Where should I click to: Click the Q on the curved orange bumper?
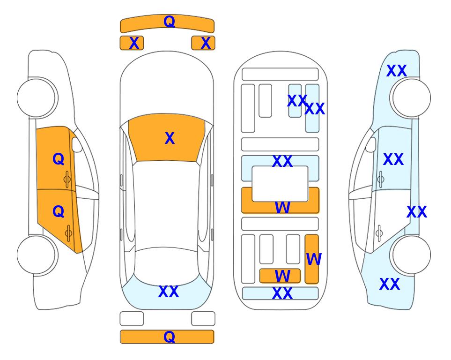169,22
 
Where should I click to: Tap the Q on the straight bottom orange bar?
169,337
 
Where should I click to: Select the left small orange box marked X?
132,43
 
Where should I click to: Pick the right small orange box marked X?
203,43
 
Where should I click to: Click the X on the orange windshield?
170,138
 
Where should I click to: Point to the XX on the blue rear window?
169,292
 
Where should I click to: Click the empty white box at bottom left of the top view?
132,319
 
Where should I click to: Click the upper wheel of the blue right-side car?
412,98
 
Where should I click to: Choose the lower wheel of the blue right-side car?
412,255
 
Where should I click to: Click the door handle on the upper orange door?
67,179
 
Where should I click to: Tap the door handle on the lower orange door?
68,232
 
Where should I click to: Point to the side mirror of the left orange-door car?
77,144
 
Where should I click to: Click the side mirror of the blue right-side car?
371,144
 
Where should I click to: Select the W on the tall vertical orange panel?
313,259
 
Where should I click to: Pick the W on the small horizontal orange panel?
282,276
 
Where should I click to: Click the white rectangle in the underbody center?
280,184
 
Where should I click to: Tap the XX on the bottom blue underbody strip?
282,293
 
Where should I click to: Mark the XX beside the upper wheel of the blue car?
396,71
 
